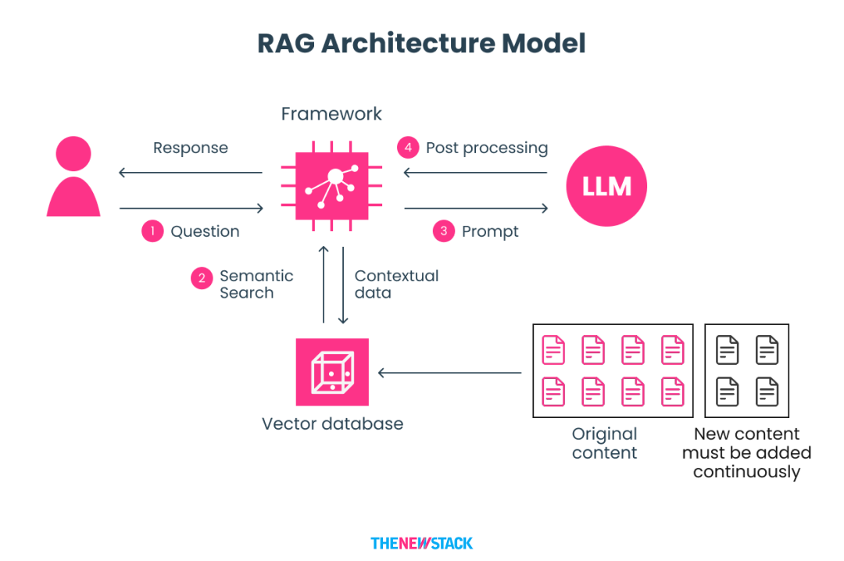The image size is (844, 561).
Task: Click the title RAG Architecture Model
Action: [421, 43]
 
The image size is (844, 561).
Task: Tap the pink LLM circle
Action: [607, 187]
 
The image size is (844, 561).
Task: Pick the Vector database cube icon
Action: [332, 372]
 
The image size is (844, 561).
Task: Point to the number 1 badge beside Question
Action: [152, 231]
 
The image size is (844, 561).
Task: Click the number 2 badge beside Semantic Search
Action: [202, 279]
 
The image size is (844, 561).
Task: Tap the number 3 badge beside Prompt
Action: [443, 231]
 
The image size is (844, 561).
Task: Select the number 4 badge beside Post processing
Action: [407, 148]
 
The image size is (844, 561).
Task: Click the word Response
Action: [191, 148]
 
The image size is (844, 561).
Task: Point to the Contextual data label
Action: [396, 284]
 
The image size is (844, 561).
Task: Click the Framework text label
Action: [331, 114]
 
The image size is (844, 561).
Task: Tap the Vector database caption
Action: [332, 424]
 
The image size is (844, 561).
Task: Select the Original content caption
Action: [604, 443]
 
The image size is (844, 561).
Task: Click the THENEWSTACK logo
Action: [421, 543]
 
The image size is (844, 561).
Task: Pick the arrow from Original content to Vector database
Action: [449, 373]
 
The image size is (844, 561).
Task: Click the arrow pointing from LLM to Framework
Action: [475, 173]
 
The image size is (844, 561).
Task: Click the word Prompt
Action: [490, 231]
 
